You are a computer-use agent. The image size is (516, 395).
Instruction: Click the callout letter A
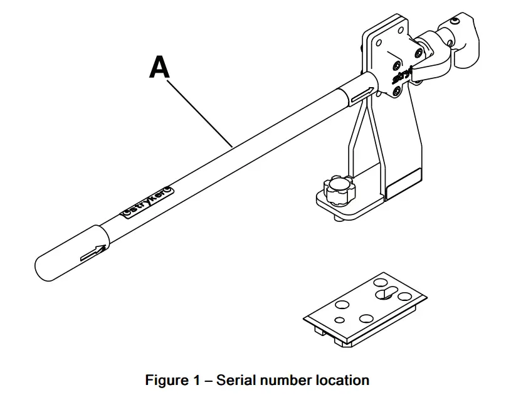tap(159, 68)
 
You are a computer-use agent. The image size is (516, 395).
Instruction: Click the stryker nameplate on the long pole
tap(147, 201)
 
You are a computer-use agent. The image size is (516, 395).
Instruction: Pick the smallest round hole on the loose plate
tap(339, 320)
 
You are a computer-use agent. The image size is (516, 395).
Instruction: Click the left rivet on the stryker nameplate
tap(128, 212)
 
